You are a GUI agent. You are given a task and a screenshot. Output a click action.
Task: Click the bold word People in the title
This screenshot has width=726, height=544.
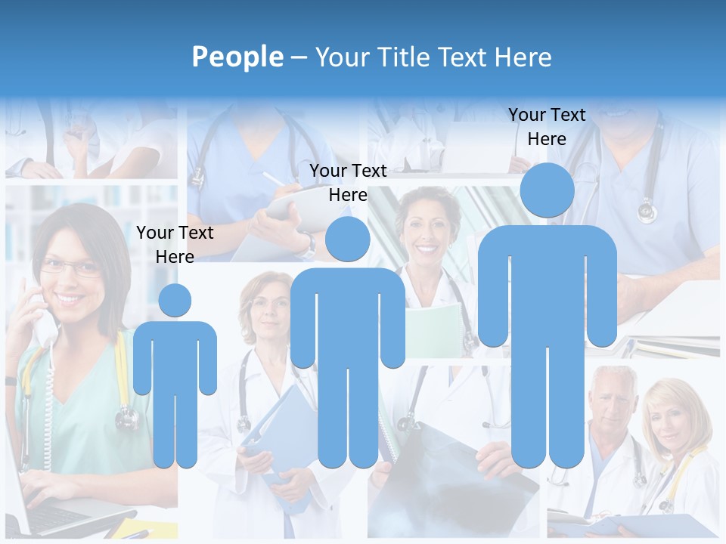(x=237, y=57)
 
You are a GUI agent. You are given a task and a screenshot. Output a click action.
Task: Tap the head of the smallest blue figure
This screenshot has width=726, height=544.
(x=175, y=300)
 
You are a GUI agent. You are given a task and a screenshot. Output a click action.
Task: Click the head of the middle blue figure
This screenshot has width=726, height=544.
(x=347, y=239)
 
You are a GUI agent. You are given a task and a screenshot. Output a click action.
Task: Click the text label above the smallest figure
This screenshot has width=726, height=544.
(x=175, y=245)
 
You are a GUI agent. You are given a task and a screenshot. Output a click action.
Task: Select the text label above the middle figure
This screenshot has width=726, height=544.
(x=348, y=183)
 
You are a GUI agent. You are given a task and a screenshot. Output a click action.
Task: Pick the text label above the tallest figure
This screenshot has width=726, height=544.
(x=547, y=127)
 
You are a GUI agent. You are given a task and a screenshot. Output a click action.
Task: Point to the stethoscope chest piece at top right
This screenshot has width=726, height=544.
(x=647, y=211)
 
